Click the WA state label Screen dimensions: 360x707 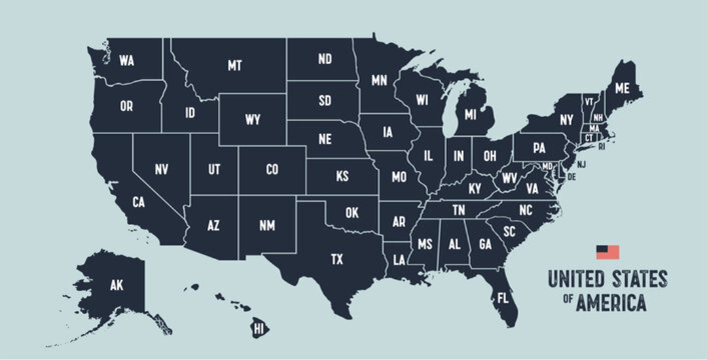tap(126, 61)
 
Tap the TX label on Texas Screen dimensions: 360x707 tap(336, 260)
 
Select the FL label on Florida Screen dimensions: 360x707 tap(503, 297)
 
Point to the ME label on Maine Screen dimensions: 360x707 tap(622, 88)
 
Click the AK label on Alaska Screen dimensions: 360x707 tap(117, 285)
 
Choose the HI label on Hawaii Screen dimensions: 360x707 tap(259, 327)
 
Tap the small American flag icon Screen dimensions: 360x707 tap(607, 252)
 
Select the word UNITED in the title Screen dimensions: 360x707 tap(575, 279)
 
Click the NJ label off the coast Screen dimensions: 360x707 tap(581, 164)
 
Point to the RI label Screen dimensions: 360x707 tap(602, 147)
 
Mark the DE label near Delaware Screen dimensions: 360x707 tap(571, 177)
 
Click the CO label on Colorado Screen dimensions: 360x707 tap(272, 170)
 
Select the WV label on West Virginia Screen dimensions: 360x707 tap(509, 178)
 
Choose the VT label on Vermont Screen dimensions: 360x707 tap(589, 102)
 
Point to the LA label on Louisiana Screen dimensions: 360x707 tap(399, 260)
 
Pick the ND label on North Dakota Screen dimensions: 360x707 tap(325, 60)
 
